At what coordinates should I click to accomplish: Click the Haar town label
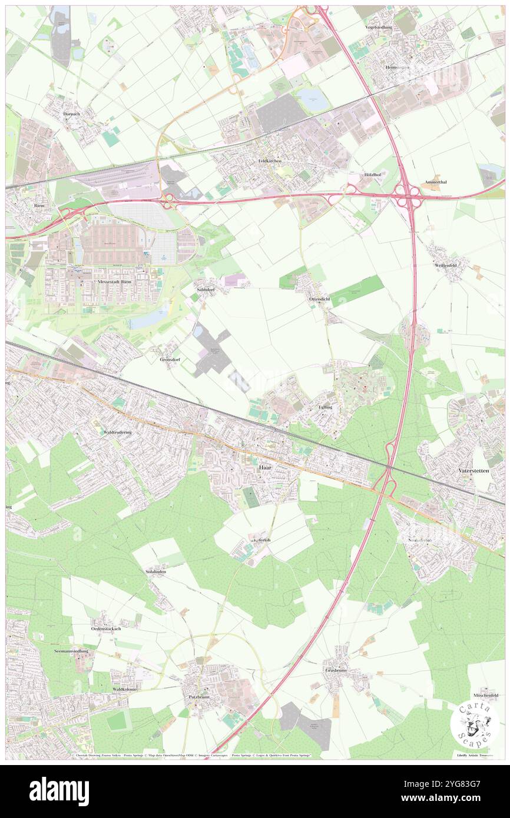coord(265,467)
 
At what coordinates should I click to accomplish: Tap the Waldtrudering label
coord(117,432)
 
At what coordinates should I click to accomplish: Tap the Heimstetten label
coord(398,68)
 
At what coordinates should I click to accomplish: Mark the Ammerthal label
coord(435,182)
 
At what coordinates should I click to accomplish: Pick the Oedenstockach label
coord(106,629)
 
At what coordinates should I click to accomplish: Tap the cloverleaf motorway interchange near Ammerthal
coord(407,195)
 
